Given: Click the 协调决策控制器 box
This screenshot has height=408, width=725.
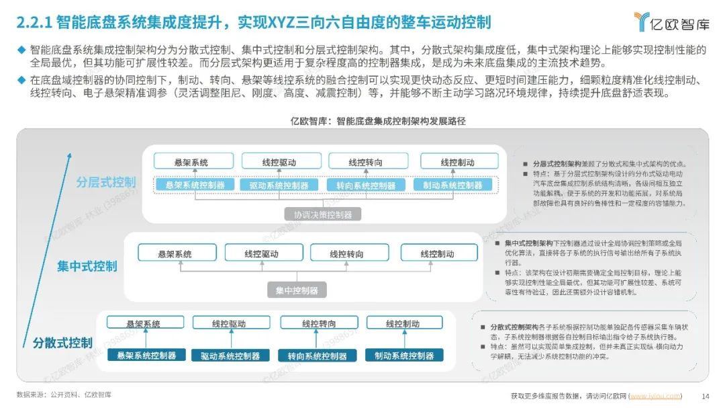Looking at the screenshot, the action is (x=318, y=214).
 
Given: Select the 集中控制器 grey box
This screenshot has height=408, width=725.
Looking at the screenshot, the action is (x=297, y=290).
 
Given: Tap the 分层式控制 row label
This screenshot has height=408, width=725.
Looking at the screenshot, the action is (x=105, y=182).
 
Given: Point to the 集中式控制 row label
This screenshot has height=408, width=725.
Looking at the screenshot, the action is (x=87, y=266).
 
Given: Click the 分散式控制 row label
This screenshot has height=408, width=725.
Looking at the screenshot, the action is (x=62, y=342).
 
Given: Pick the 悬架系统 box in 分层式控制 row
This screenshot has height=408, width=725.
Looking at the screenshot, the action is (x=191, y=162).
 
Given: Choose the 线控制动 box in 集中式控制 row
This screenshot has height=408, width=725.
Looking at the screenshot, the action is (x=437, y=253).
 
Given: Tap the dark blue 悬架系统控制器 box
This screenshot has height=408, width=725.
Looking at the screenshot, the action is (x=146, y=356).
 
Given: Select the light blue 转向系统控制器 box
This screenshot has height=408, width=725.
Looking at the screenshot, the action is (x=362, y=185).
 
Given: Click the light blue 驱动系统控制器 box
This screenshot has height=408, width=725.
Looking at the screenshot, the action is (x=278, y=185).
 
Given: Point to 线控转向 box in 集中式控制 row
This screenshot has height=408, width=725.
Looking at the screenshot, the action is (x=346, y=253).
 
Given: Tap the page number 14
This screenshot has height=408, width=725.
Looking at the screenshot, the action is (x=705, y=395).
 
